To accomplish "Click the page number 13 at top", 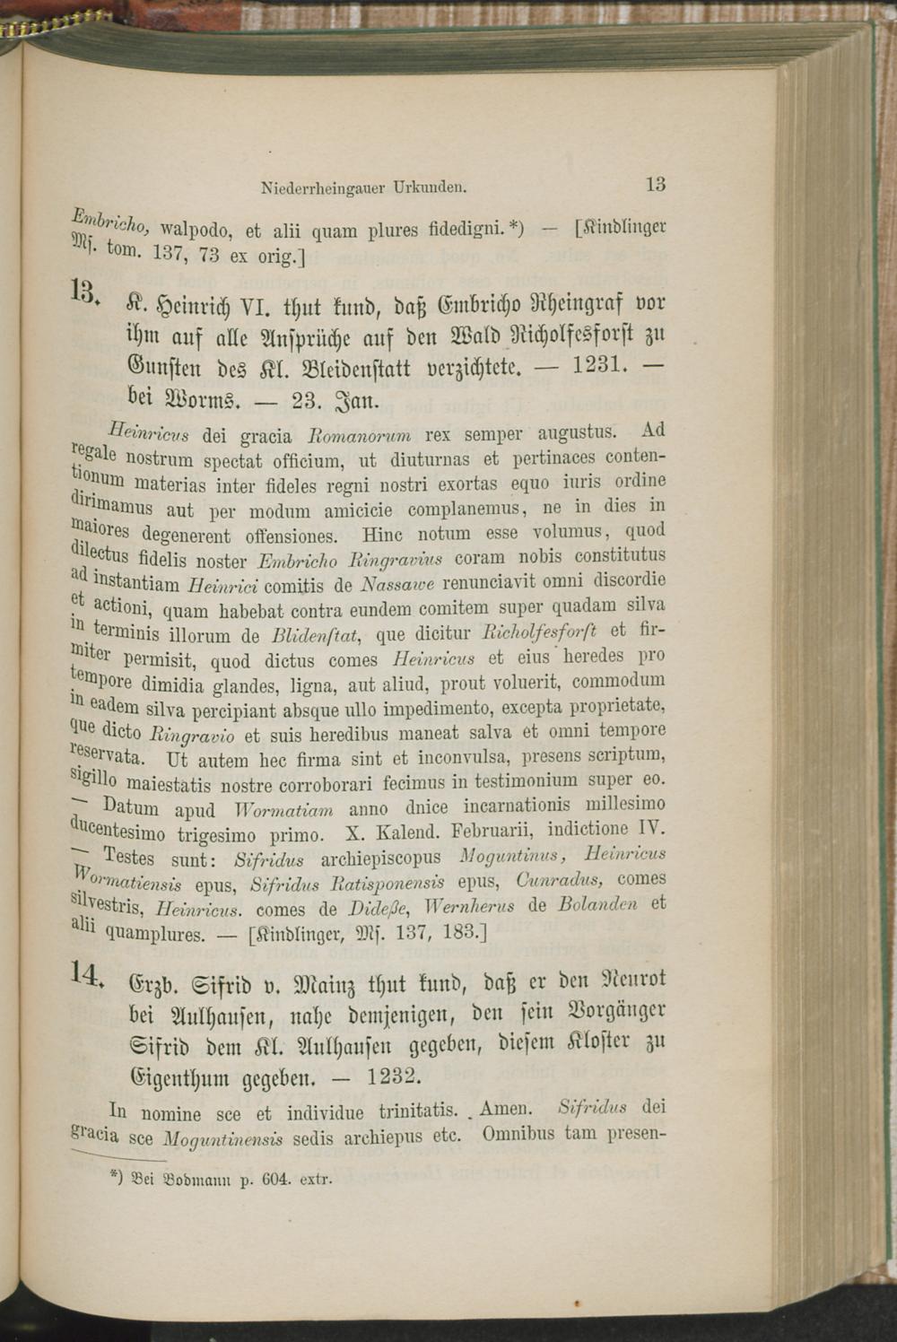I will click(655, 185).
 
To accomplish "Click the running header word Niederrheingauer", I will click(317, 188).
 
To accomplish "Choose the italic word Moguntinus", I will click(509, 855).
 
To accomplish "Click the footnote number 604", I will click(270, 1177).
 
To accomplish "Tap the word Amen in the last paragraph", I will click(507, 1109).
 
